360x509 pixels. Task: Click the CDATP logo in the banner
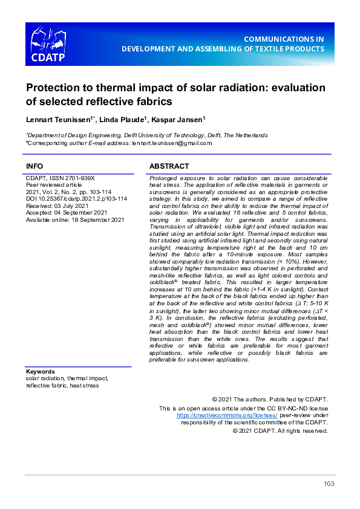click(x=48, y=44)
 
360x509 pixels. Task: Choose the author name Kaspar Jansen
click(x=178, y=118)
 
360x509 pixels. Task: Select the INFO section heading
click(x=34, y=166)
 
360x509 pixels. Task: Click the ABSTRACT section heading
click(x=169, y=166)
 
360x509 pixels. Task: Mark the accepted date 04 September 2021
click(x=79, y=213)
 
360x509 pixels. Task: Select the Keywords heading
click(x=41, y=372)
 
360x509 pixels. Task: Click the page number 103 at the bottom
click(x=329, y=484)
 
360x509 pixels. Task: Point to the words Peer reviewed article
click(x=55, y=185)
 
